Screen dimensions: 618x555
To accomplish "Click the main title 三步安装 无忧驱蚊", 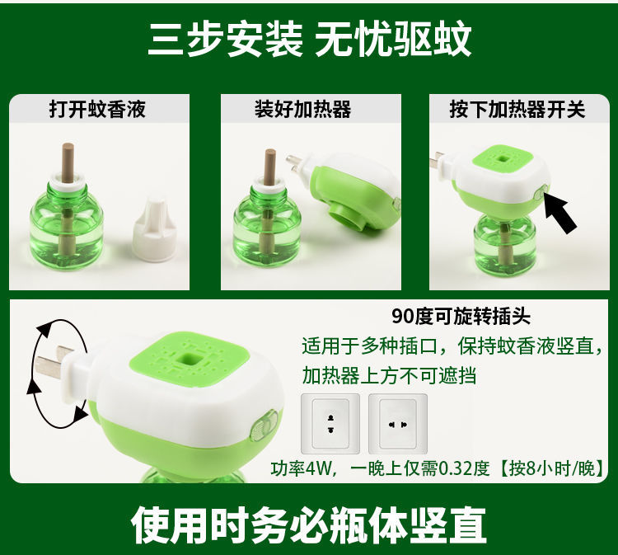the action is coord(309,40).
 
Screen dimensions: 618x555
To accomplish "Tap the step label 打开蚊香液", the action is coord(97,109).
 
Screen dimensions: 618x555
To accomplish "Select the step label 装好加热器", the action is coord(302,109).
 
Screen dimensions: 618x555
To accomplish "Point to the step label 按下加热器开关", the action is coord(517,109).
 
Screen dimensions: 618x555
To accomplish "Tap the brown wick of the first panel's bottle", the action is coord(68,162).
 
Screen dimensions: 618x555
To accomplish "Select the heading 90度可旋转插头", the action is coord(461,316).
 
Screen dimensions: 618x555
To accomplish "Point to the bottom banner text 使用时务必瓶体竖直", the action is coord(309,525).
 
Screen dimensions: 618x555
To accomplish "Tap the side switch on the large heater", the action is coord(264,426).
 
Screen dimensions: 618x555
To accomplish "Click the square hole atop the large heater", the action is coord(185,360).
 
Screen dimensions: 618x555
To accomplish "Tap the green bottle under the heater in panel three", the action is coord(504,245).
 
